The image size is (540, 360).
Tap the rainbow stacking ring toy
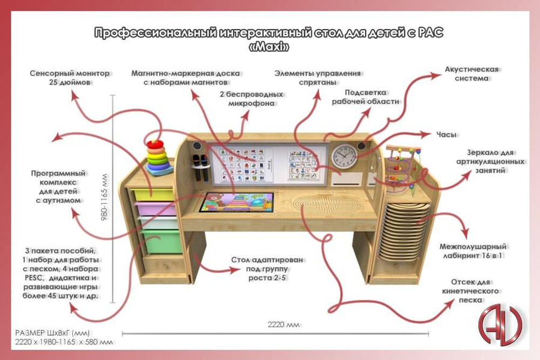[x=156, y=157]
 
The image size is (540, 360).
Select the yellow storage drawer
[x=153, y=193]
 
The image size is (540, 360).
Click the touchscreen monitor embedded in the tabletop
[x=236, y=204]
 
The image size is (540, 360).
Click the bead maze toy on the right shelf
[x=403, y=167]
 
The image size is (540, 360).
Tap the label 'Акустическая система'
[x=471, y=74]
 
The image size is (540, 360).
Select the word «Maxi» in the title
[x=268, y=47]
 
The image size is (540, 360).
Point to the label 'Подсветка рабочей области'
[x=365, y=97]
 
